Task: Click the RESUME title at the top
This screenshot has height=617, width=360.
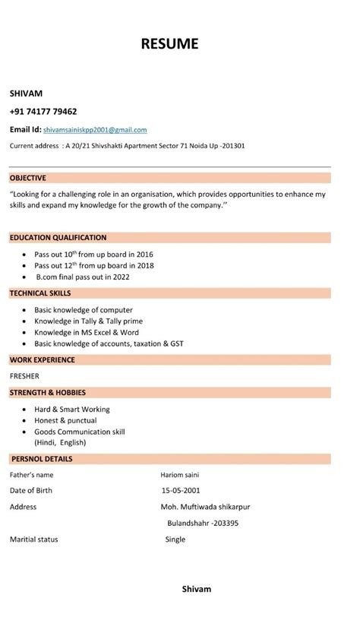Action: click(169, 44)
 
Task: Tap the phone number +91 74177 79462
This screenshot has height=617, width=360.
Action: click(43, 111)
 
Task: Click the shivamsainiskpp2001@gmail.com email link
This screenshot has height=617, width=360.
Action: click(95, 130)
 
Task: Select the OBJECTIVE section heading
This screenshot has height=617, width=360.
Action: click(28, 178)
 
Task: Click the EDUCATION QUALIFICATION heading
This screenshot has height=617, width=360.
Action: click(58, 238)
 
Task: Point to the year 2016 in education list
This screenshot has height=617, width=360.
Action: click(145, 255)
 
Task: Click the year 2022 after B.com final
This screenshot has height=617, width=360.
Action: click(121, 277)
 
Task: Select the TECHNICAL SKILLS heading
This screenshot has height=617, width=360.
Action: click(40, 293)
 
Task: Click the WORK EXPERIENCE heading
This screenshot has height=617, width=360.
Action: click(42, 359)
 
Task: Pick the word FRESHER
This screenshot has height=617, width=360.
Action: click(24, 376)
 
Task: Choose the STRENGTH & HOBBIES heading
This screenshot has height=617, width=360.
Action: click(47, 393)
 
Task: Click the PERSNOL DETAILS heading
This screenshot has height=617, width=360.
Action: click(41, 459)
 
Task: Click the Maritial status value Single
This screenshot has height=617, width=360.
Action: click(175, 539)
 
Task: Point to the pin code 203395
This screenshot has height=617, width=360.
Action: click(226, 523)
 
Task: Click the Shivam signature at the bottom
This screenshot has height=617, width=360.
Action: click(197, 589)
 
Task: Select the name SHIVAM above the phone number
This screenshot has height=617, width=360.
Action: click(26, 93)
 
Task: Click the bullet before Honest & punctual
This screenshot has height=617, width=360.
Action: click(26, 420)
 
